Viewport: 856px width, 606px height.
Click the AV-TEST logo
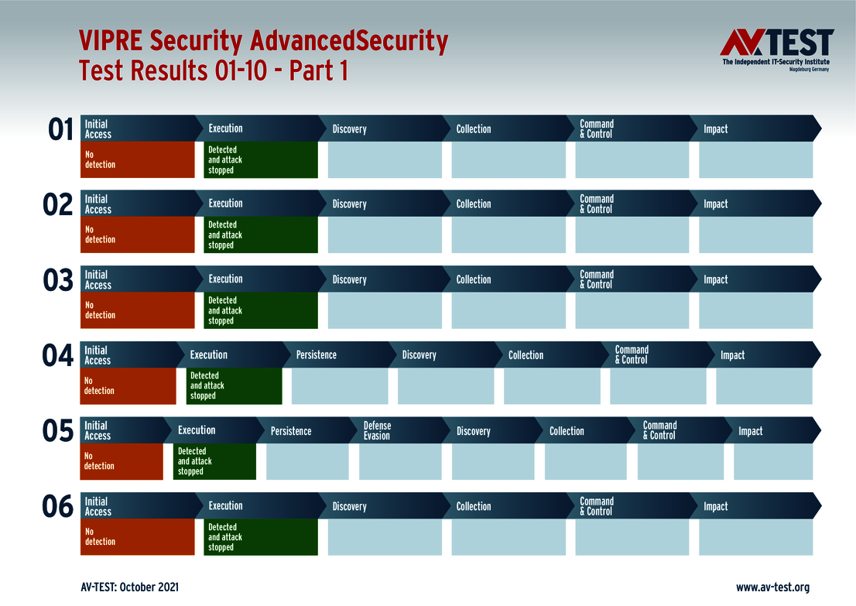pyautogui.click(x=776, y=50)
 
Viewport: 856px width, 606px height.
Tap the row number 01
pyautogui.click(x=60, y=129)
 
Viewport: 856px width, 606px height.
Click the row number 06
pyautogui.click(x=59, y=507)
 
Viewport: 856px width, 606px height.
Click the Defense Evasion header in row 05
pyautogui.click(x=378, y=430)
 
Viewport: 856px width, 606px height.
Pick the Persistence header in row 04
pyautogui.click(x=317, y=354)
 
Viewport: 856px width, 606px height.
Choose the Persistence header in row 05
pyautogui.click(x=291, y=430)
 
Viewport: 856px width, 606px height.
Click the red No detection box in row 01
pyautogui.click(x=137, y=159)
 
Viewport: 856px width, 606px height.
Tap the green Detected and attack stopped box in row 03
pyautogui.click(x=261, y=310)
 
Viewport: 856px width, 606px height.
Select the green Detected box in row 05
pyautogui.click(x=214, y=461)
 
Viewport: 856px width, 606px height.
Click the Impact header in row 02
pyautogui.click(x=716, y=204)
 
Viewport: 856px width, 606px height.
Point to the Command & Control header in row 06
pyautogui.click(x=597, y=506)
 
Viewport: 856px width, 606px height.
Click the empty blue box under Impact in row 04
pyautogui.click(x=764, y=386)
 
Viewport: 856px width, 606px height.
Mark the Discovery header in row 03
pyautogui.click(x=350, y=279)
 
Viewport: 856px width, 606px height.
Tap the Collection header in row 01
pyautogui.click(x=474, y=128)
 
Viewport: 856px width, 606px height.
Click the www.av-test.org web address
pyautogui.click(x=772, y=587)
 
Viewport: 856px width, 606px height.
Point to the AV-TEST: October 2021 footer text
pyautogui.click(x=129, y=587)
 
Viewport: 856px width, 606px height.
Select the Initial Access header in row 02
pyautogui.click(x=98, y=204)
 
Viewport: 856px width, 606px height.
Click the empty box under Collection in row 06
pyautogui.click(x=508, y=537)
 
